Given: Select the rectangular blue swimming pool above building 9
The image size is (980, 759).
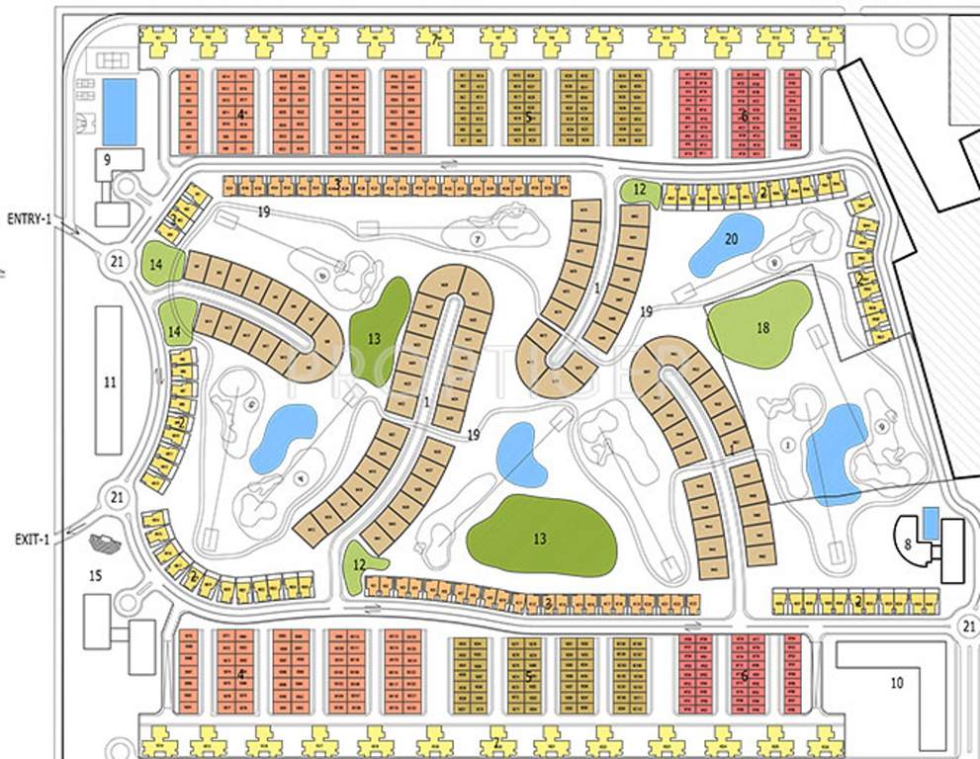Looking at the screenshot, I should (x=120, y=111).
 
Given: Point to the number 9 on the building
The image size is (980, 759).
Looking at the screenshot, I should (x=107, y=158).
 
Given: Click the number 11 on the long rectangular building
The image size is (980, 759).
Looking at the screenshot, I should (x=109, y=381).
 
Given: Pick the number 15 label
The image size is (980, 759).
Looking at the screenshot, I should (x=95, y=575).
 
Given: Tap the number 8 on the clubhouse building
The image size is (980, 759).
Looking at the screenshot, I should (x=907, y=542).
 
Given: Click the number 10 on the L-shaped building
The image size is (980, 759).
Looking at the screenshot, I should (x=896, y=682).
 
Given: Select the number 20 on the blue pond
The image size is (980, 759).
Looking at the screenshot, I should (x=731, y=238).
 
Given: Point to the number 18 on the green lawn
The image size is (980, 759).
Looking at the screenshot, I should (x=761, y=327).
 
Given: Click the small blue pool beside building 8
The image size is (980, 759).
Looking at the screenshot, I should (x=930, y=522).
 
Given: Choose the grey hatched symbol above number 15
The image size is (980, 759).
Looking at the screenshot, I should (x=101, y=542).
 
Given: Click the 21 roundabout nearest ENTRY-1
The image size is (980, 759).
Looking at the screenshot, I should (x=117, y=261).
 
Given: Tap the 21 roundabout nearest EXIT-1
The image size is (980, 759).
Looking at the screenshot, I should (x=117, y=497).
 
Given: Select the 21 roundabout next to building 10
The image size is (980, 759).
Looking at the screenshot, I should (x=967, y=626).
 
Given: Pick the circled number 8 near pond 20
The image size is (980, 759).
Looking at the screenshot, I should (x=773, y=262).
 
